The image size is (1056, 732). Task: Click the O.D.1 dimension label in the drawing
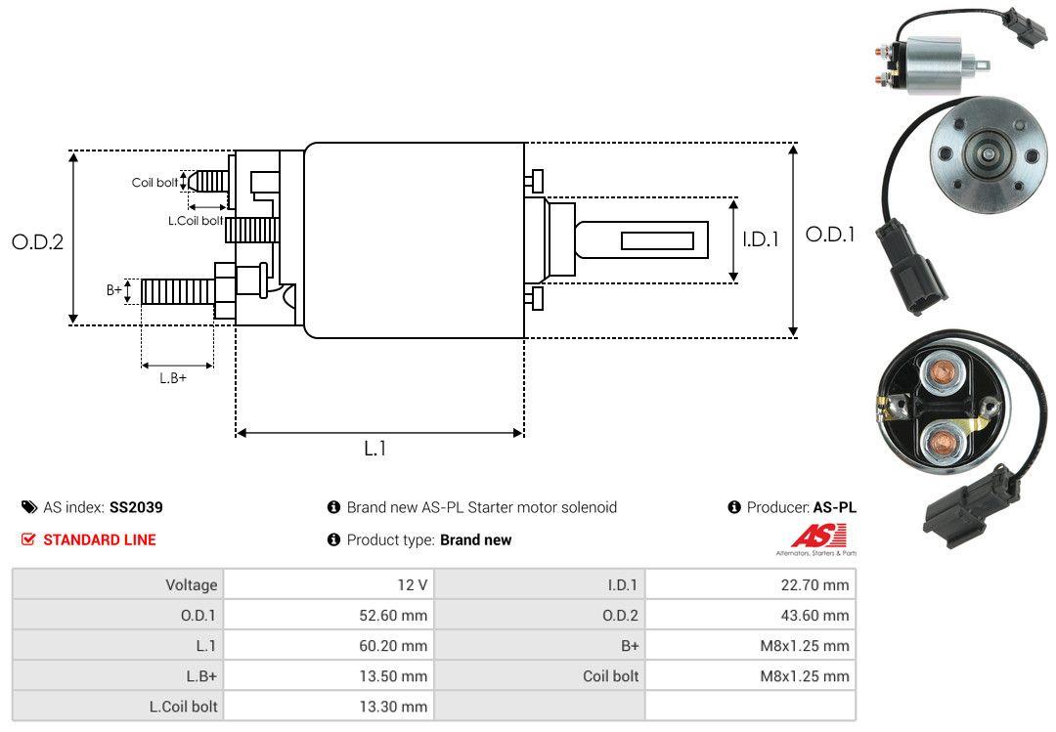tap(829, 235)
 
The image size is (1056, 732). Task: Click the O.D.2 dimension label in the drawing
tap(37, 242)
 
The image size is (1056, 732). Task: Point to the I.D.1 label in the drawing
tap(760, 238)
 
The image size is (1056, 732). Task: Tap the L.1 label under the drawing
tap(375, 449)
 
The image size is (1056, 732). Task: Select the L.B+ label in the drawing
tap(173, 377)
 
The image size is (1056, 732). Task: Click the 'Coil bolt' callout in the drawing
tap(154, 183)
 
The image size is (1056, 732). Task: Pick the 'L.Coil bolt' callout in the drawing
tap(196, 221)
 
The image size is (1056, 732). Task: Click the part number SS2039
tap(136, 507)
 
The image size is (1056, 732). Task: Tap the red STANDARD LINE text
tap(99, 539)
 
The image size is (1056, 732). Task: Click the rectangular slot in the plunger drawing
tap(657, 240)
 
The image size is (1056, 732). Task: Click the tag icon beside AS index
tap(29, 507)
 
